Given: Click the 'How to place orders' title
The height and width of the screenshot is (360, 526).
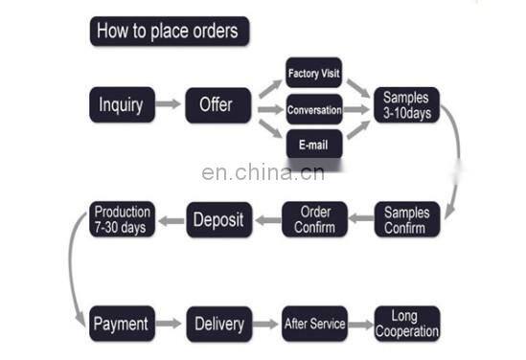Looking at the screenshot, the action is point(169,31).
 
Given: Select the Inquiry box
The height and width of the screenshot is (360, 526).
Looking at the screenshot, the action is point(122,104).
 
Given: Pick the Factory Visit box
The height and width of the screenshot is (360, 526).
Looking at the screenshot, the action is point(314,72).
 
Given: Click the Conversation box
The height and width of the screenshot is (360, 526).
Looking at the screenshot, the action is point(314,109).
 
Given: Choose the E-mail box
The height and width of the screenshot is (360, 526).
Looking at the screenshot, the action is point(314,145).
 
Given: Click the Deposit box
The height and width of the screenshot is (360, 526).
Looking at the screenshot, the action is point(218,219).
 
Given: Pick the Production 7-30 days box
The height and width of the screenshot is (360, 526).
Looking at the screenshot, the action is point(122,219).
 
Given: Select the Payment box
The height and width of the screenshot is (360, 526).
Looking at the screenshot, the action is point(122,324).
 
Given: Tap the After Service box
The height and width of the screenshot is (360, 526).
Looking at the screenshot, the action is point(314,324).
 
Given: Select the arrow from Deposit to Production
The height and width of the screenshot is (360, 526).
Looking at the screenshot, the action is point(170,220).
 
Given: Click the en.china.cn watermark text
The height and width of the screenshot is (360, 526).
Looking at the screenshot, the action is point(263,173).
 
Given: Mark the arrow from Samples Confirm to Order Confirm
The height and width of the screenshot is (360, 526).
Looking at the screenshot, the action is point(362,220).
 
